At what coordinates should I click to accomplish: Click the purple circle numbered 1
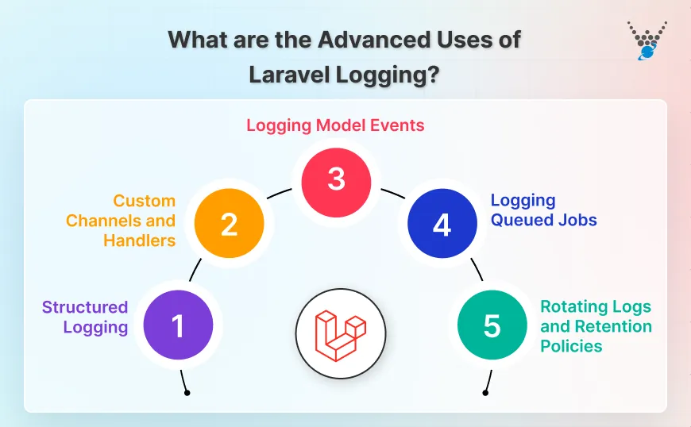[178, 326]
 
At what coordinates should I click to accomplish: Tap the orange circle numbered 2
[229, 225]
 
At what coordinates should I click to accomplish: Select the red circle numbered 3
[336, 179]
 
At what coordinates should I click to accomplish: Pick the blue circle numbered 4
[442, 225]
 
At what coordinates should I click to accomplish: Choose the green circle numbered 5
[492, 326]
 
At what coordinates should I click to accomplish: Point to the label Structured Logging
[85, 317]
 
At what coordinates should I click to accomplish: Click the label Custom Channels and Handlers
[121, 221]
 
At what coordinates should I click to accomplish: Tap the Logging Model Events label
[335, 125]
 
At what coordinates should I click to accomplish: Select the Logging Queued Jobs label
[543, 210]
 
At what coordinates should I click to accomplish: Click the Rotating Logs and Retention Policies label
[596, 326]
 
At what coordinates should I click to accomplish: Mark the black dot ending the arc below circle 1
[186, 391]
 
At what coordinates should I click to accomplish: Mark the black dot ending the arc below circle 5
[485, 391]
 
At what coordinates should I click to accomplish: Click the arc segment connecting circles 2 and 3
[279, 194]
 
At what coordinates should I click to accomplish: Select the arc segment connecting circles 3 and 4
[393, 194]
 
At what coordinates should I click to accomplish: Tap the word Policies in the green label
[571, 346]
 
